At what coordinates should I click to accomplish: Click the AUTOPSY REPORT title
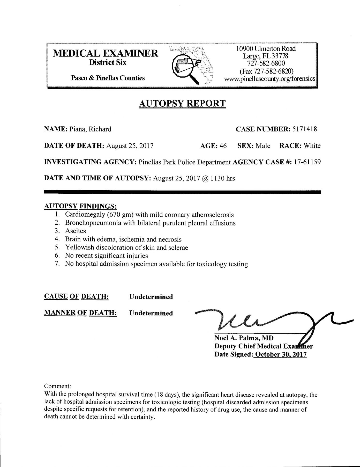tap(182, 104)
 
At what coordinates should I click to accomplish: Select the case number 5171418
tap(304, 129)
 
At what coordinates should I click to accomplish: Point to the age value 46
tap(223, 146)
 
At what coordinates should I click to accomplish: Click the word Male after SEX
tap(263, 146)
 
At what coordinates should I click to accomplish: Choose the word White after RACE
tap(312, 146)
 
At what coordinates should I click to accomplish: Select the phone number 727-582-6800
tap(266, 63)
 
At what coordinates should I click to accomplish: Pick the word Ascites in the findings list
tap(76, 231)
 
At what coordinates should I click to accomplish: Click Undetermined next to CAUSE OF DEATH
tap(151, 297)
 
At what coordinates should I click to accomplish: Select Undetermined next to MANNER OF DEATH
tap(151, 313)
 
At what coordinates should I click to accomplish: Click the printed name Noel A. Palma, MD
tap(244, 338)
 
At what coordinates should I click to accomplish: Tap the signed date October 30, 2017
tap(281, 354)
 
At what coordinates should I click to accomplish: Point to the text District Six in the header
tap(108, 63)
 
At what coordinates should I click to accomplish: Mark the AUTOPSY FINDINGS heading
tap(80, 206)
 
